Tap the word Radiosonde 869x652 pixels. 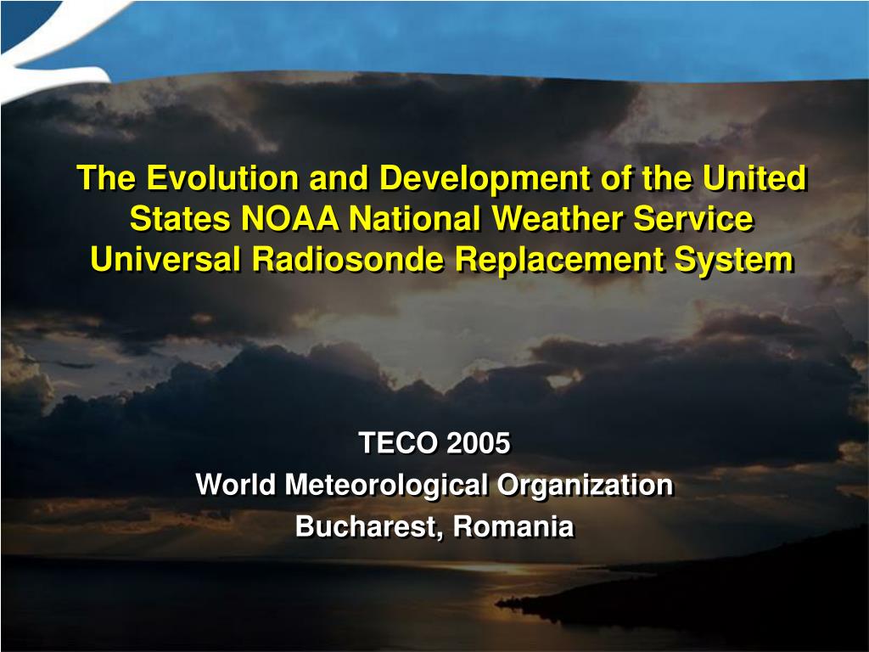tap(348, 261)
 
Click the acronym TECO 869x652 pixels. tap(397, 443)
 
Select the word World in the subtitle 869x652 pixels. tap(236, 486)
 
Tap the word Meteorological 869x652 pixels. tap(387, 486)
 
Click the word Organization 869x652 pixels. tap(586, 486)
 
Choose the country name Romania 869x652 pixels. tap(513, 527)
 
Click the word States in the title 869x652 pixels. tap(180, 220)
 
